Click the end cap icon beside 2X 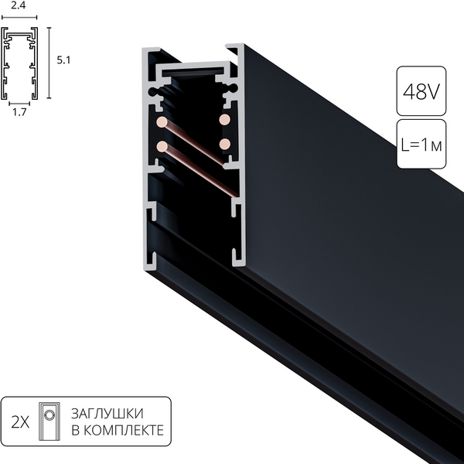tap(50, 421)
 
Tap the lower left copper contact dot tap(162, 145)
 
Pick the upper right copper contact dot tap(225, 120)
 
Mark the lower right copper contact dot tap(225, 144)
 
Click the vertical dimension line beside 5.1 tap(50, 63)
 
